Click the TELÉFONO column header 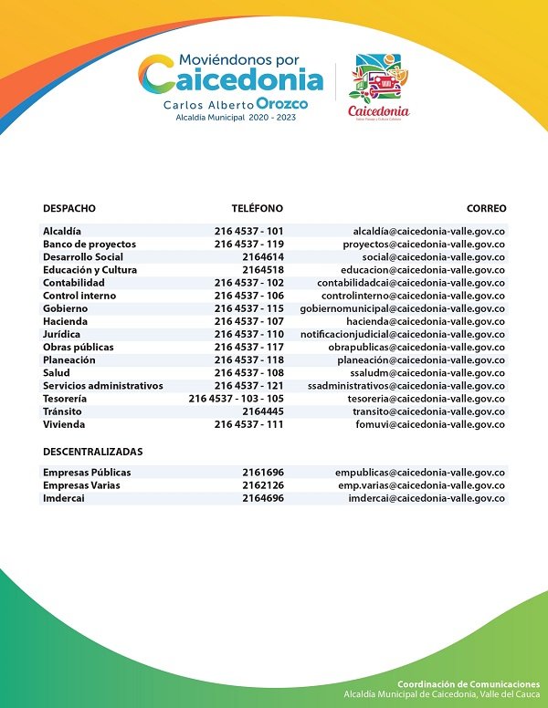257,209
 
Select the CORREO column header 486,209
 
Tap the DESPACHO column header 69,209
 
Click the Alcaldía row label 62,232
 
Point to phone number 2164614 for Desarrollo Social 263,257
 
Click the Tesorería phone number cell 237,399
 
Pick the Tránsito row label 62,411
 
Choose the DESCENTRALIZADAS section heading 93,452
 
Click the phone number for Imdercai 263,498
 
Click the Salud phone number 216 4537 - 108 249,373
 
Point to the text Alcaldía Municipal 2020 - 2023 236,119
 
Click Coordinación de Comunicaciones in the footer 469,684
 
